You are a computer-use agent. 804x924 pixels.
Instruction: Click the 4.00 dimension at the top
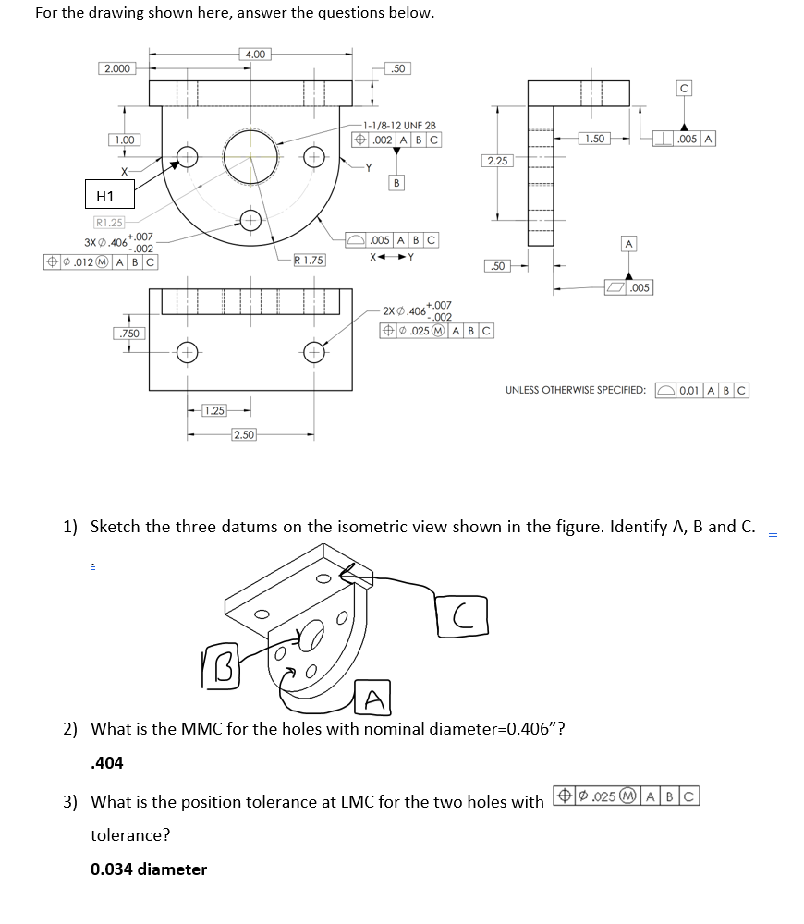(255, 55)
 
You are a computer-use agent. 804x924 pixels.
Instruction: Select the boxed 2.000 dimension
(117, 68)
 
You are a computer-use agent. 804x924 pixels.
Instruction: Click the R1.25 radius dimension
(109, 223)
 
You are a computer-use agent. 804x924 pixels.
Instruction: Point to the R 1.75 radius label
(309, 261)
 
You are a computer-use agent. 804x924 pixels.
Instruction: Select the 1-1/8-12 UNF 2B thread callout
(399, 125)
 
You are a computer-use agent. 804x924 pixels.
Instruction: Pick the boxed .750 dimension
(128, 333)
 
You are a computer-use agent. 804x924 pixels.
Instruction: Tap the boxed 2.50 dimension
(244, 434)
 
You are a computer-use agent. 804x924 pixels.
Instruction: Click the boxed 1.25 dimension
(213, 410)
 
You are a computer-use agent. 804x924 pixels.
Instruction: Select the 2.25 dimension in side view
(497, 161)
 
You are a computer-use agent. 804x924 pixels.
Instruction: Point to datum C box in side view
(684, 89)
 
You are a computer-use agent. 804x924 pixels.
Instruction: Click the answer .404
(107, 763)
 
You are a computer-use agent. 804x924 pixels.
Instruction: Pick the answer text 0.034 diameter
(149, 869)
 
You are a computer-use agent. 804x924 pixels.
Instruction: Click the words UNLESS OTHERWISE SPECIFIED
(575, 390)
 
